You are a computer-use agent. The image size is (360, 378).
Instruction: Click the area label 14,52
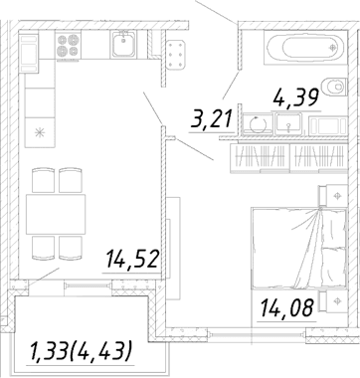pos(132,260)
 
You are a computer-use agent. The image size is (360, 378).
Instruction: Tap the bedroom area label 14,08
pos(286,307)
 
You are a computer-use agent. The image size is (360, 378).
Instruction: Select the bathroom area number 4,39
pos(296,97)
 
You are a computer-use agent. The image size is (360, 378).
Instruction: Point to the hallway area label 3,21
pos(211,118)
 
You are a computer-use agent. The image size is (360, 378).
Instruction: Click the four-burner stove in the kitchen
pos(68,46)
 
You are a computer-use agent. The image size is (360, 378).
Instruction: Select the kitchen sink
pos(123,44)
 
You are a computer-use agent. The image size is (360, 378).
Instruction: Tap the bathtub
pos(305,48)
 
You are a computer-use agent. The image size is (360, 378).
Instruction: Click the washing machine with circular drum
pos(258,124)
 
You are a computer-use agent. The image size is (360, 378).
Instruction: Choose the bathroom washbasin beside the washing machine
pos(288,123)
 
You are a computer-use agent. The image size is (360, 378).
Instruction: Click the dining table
pos(56,214)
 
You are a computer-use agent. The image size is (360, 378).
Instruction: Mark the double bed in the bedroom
pos(299,248)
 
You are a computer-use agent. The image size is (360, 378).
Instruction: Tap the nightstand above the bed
pos(333,196)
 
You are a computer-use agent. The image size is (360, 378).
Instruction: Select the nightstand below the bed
pos(333,300)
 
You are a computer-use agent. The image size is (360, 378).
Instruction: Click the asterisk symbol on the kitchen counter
pos(40,132)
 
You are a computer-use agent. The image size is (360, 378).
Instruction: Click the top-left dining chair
pos(44,180)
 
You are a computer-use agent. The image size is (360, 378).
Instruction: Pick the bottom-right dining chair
pos(71,248)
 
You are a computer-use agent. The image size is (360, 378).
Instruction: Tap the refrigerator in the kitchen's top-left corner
pos(29,53)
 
